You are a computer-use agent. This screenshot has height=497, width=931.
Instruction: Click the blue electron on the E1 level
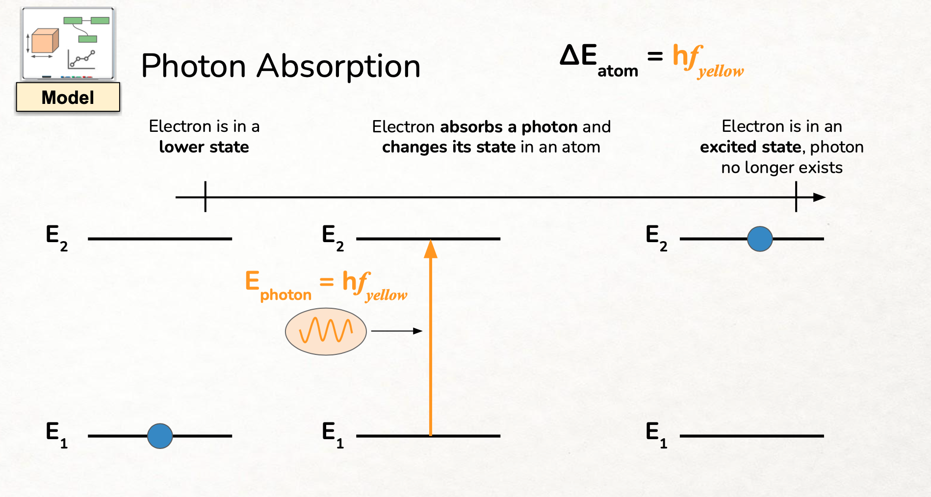pos(160,436)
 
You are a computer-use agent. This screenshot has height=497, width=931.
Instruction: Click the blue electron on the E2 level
pos(760,239)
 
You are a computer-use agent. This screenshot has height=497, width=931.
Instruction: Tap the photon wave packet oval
pos(326,331)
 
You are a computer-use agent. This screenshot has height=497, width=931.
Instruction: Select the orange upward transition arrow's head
pos(431,248)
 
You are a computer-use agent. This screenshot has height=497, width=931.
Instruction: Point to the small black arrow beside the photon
pos(397,331)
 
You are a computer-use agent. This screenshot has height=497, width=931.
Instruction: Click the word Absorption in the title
pos(338,67)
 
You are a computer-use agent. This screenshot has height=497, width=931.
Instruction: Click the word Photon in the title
pos(193,66)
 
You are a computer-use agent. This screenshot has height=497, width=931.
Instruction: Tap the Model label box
pos(68,97)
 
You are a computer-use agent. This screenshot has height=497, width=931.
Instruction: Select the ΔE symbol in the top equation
pos(578,55)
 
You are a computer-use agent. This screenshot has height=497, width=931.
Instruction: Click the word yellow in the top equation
pos(721,72)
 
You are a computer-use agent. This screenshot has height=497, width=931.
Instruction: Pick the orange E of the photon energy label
pos(252,281)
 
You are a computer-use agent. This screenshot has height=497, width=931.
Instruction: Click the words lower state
pos(204,147)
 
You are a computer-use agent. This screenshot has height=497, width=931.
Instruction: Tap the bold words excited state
pos(750,147)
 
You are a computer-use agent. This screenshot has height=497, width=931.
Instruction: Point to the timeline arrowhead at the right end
pos(820,197)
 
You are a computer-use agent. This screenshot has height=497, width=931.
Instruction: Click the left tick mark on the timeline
pos(206,197)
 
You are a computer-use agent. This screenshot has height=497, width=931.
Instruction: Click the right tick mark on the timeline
pos(796,197)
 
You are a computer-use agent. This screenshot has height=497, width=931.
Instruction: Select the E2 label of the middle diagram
pos(332,236)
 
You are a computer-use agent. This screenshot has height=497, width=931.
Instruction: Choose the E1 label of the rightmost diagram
pos(656,433)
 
